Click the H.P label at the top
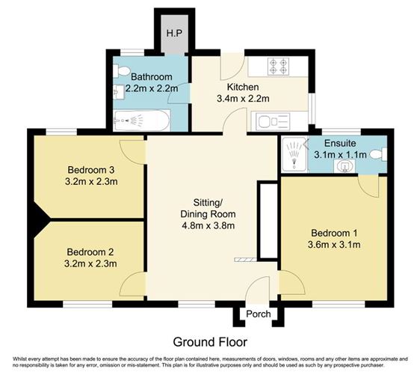point(174,34)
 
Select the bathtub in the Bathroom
point(142,120)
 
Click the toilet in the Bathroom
point(122,72)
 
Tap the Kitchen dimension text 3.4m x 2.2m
point(242,97)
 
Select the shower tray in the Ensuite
point(293,153)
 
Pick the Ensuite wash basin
point(345,166)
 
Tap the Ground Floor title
point(210,341)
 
